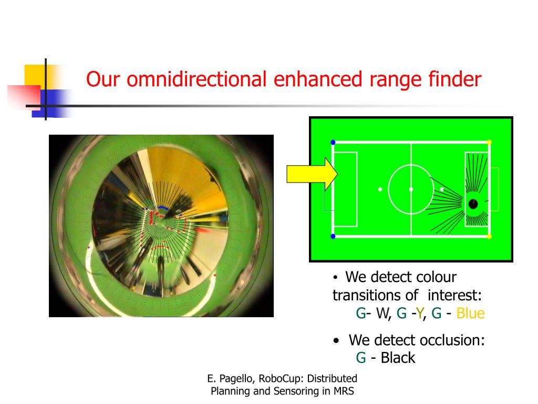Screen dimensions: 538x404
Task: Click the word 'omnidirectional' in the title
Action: pos(196,79)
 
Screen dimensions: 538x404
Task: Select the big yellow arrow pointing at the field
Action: pos(312,174)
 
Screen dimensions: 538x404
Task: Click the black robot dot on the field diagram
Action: pos(473,204)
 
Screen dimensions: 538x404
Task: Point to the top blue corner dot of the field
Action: pos(333,142)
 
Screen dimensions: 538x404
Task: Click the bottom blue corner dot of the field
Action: pos(333,236)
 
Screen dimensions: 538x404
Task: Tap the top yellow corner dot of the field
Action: pos(489,142)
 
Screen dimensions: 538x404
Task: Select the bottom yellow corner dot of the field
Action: pos(489,236)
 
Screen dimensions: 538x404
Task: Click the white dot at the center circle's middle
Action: pos(411,189)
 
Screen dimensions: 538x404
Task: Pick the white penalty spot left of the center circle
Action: pos(380,189)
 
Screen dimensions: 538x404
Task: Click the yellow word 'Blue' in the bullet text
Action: pos(470,314)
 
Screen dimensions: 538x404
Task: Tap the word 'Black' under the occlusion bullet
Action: pos(398,358)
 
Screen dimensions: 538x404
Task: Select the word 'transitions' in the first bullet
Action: pos(375,295)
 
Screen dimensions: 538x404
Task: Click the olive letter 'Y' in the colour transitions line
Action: pos(419,314)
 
